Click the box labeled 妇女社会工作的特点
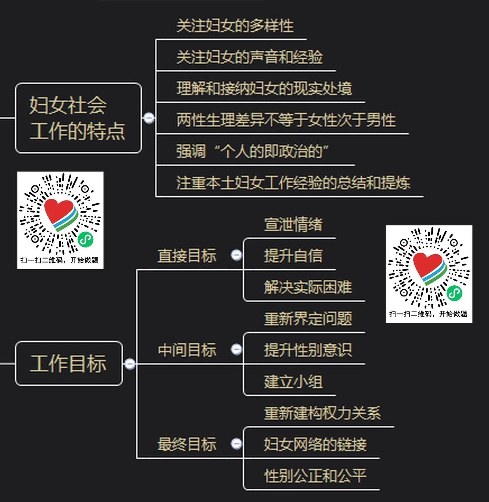(78, 118)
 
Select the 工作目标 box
(69, 363)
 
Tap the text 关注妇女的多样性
(235, 26)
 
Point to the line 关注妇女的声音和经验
(249, 57)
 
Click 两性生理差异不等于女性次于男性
(286, 120)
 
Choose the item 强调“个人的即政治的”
(252, 151)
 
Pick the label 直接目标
(187, 256)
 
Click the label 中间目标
(187, 350)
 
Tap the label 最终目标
(187, 444)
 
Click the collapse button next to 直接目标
(236, 255)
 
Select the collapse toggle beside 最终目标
(236, 443)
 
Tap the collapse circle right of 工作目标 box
(130, 364)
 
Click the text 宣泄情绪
(293, 224)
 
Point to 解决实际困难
(308, 287)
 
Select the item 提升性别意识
(308, 350)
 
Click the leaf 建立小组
(293, 382)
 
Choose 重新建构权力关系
(322, 413)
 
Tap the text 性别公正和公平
(315, 476)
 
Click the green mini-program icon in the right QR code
(454, 293)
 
